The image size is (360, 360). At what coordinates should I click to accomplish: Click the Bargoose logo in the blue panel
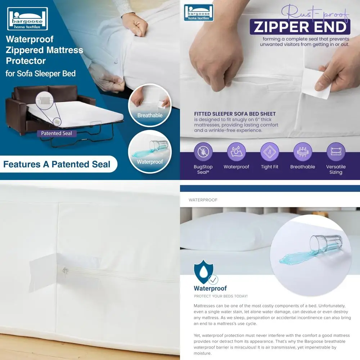(27, 18)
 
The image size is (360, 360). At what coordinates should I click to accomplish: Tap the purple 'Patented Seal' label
(56, 133)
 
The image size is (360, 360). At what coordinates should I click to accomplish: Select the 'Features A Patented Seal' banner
(57, 165)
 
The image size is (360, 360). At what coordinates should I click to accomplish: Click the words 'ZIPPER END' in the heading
(300, 27)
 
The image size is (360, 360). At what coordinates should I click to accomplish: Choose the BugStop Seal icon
(203, 152)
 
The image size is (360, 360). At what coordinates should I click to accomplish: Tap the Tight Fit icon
(270, 152)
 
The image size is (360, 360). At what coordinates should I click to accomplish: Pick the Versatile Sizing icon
(336, 152)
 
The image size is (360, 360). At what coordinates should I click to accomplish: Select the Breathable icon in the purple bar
(302, 152)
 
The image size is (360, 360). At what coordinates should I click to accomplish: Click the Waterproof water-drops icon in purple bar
(236, 152)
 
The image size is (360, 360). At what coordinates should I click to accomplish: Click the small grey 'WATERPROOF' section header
(203, 200)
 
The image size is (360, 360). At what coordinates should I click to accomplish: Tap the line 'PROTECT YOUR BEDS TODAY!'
(221, 296)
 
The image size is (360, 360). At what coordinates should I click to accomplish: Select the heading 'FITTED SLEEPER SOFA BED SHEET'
(235, 114)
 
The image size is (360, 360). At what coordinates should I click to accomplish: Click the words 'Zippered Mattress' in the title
(44, 50)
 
